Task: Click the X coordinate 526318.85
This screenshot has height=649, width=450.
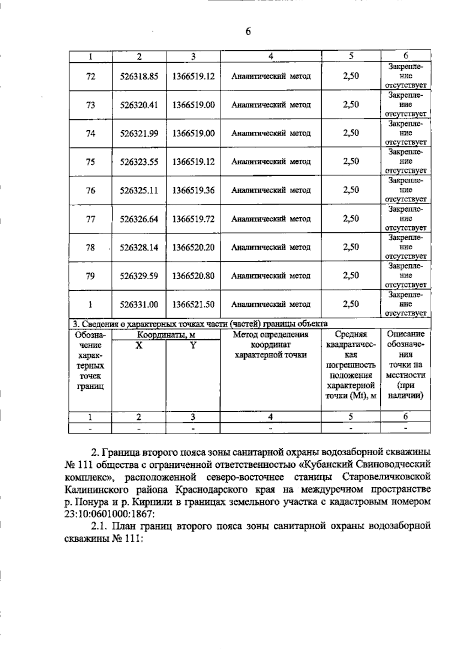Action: click(139, 77)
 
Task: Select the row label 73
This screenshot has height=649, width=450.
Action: click(90, 105)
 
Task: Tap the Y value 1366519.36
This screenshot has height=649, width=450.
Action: click(193, 190)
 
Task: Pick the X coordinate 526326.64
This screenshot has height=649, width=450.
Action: click(139, 219)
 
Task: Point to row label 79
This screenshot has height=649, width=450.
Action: click(90, 276)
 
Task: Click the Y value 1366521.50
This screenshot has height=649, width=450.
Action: click(193, 304)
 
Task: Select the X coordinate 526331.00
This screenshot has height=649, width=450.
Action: click(139, 304)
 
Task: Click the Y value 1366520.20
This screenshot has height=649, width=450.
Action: click(193, 248)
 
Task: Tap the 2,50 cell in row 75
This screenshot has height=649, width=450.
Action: click(351, 161)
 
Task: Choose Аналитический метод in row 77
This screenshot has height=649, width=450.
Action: click(271, 219)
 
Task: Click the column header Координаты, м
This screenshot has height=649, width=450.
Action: click(166, 334)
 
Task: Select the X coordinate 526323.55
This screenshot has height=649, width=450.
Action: click(139, 162)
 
